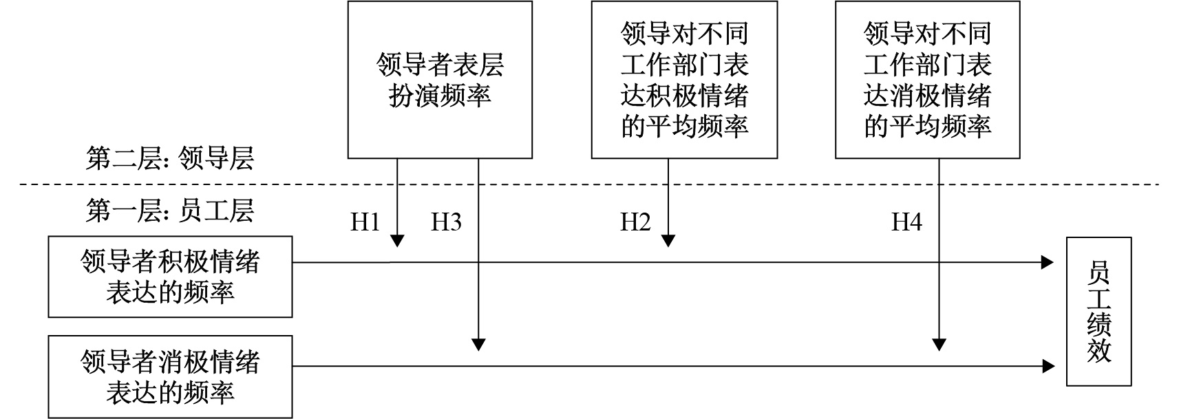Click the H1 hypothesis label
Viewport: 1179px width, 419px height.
(x=365, y=222)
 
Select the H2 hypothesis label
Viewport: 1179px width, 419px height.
(x=635, y=222)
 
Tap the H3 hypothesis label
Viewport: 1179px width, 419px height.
(x=446, y=222)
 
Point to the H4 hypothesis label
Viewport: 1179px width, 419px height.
(x=906, y=222)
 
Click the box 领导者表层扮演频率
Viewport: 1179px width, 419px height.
(x=440, y=80)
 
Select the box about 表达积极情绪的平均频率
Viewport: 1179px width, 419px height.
(x=684, y=80)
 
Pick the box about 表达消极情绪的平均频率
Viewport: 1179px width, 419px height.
(x=927, y=80)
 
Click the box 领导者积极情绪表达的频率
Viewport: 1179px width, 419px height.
(x=170, y=277)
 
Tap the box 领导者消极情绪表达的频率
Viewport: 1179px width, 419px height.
(x=170, y=376)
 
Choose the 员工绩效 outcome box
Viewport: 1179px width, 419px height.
(x=1099, y=312)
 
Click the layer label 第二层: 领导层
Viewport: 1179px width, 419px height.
(x=169, y=158)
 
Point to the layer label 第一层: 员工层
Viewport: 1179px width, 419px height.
(x=169, y=211)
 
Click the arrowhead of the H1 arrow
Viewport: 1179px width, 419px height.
(x=397, y=241)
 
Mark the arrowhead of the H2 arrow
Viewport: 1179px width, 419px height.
(x=668, y=241)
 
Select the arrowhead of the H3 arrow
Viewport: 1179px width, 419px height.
(x=478, y=344)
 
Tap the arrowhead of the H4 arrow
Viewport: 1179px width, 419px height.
(x=939, y=344)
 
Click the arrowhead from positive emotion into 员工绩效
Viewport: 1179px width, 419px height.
(x=1048, y=262)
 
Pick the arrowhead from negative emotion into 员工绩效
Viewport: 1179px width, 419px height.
(x=1048, y=366)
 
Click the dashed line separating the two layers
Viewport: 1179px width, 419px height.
(x=589, y=184)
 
